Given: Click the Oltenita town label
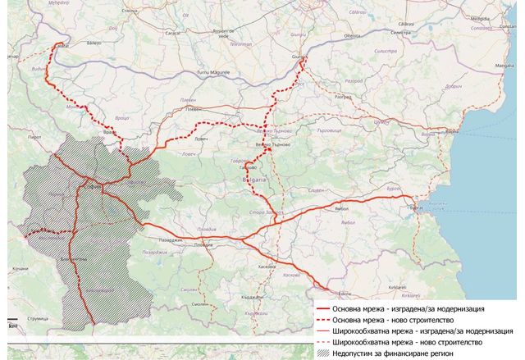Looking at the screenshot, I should pyautogui.click(x=353, y=36).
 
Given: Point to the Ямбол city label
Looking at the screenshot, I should pyautogui.click(x=339, y=209).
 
